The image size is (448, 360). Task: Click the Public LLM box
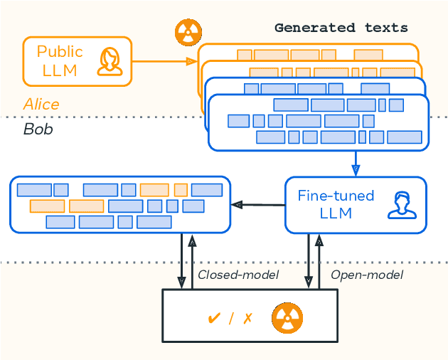pyautogui.click(x=78, y=61)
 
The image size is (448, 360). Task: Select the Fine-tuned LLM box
pyautogui.click(x=356, y=205)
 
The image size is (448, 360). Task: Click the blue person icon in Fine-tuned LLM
pyautogui.click(x=402, y=205)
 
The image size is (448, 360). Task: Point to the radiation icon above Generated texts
pyautogui.click(x=188, y=32)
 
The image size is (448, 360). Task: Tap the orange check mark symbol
pyautogui.click(x=213, y=318)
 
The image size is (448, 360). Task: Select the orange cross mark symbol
pyautogui.click(x=247, y=318)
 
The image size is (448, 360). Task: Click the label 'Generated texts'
pyautogui.click(x=341, y=28)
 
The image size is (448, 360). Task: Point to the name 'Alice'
pyautogui.click(x=41, y=105)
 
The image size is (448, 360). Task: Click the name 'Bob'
pyautogui.click(x=38, y=129)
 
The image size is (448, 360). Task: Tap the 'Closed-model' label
pyautogui.click(x=238, y=275)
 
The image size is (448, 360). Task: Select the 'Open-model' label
pyautogui.click(x=367, y=275)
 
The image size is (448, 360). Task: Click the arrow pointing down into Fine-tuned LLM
pyautogui.click(x=356, y=164)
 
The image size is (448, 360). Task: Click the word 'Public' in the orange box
pyautogui.click(x=60, y=51)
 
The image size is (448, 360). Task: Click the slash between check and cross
pyautogui.click(x=231, y=318)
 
